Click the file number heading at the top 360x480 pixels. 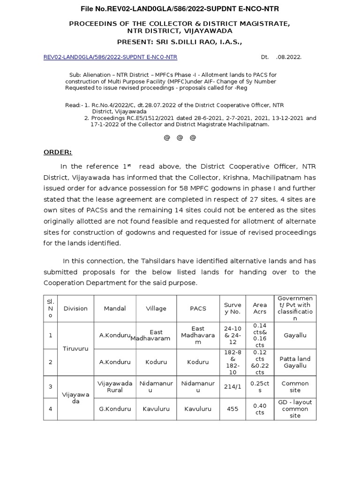pyautogui.click(x=180, y=9)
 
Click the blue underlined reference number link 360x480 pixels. pyautogui.click(x=110, y=57)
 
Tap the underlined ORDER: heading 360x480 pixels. pyautogui.click(x=58, y=152)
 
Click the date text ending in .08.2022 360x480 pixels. pyautogui.click(x=281, y=57)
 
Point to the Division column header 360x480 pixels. pyautogui.click(x=75, y=308)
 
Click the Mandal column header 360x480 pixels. pyautogui.click(x=115, y=308)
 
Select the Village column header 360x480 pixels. pyautogui.click(x=156, y=308)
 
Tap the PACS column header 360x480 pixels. pyautogui.click(x=198, y=308)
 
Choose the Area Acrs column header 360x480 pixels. pyautogui.click(x=260, y=308)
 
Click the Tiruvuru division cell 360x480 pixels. pyautogui.click(x=75, y=349)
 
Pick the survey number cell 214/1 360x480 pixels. pyautogui.click(x=233, y=387)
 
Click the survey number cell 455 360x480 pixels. pyautogui.click(x=233, y=409)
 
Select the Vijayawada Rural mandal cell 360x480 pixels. pyautogui.click(x=115, y=387)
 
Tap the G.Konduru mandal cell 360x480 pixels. pyautogui.click(x=115, y=409)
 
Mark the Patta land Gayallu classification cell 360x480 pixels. pyautogui.click(x=295, y=362)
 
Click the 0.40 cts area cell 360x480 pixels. pyautogui.click(x=260, y=409)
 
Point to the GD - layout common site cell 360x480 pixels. pyautogui.click(x=295, y=409)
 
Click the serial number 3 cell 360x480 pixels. pyautogui.click(x=50, y=387)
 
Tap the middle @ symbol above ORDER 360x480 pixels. pyautogui.click(x=180, y=138)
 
